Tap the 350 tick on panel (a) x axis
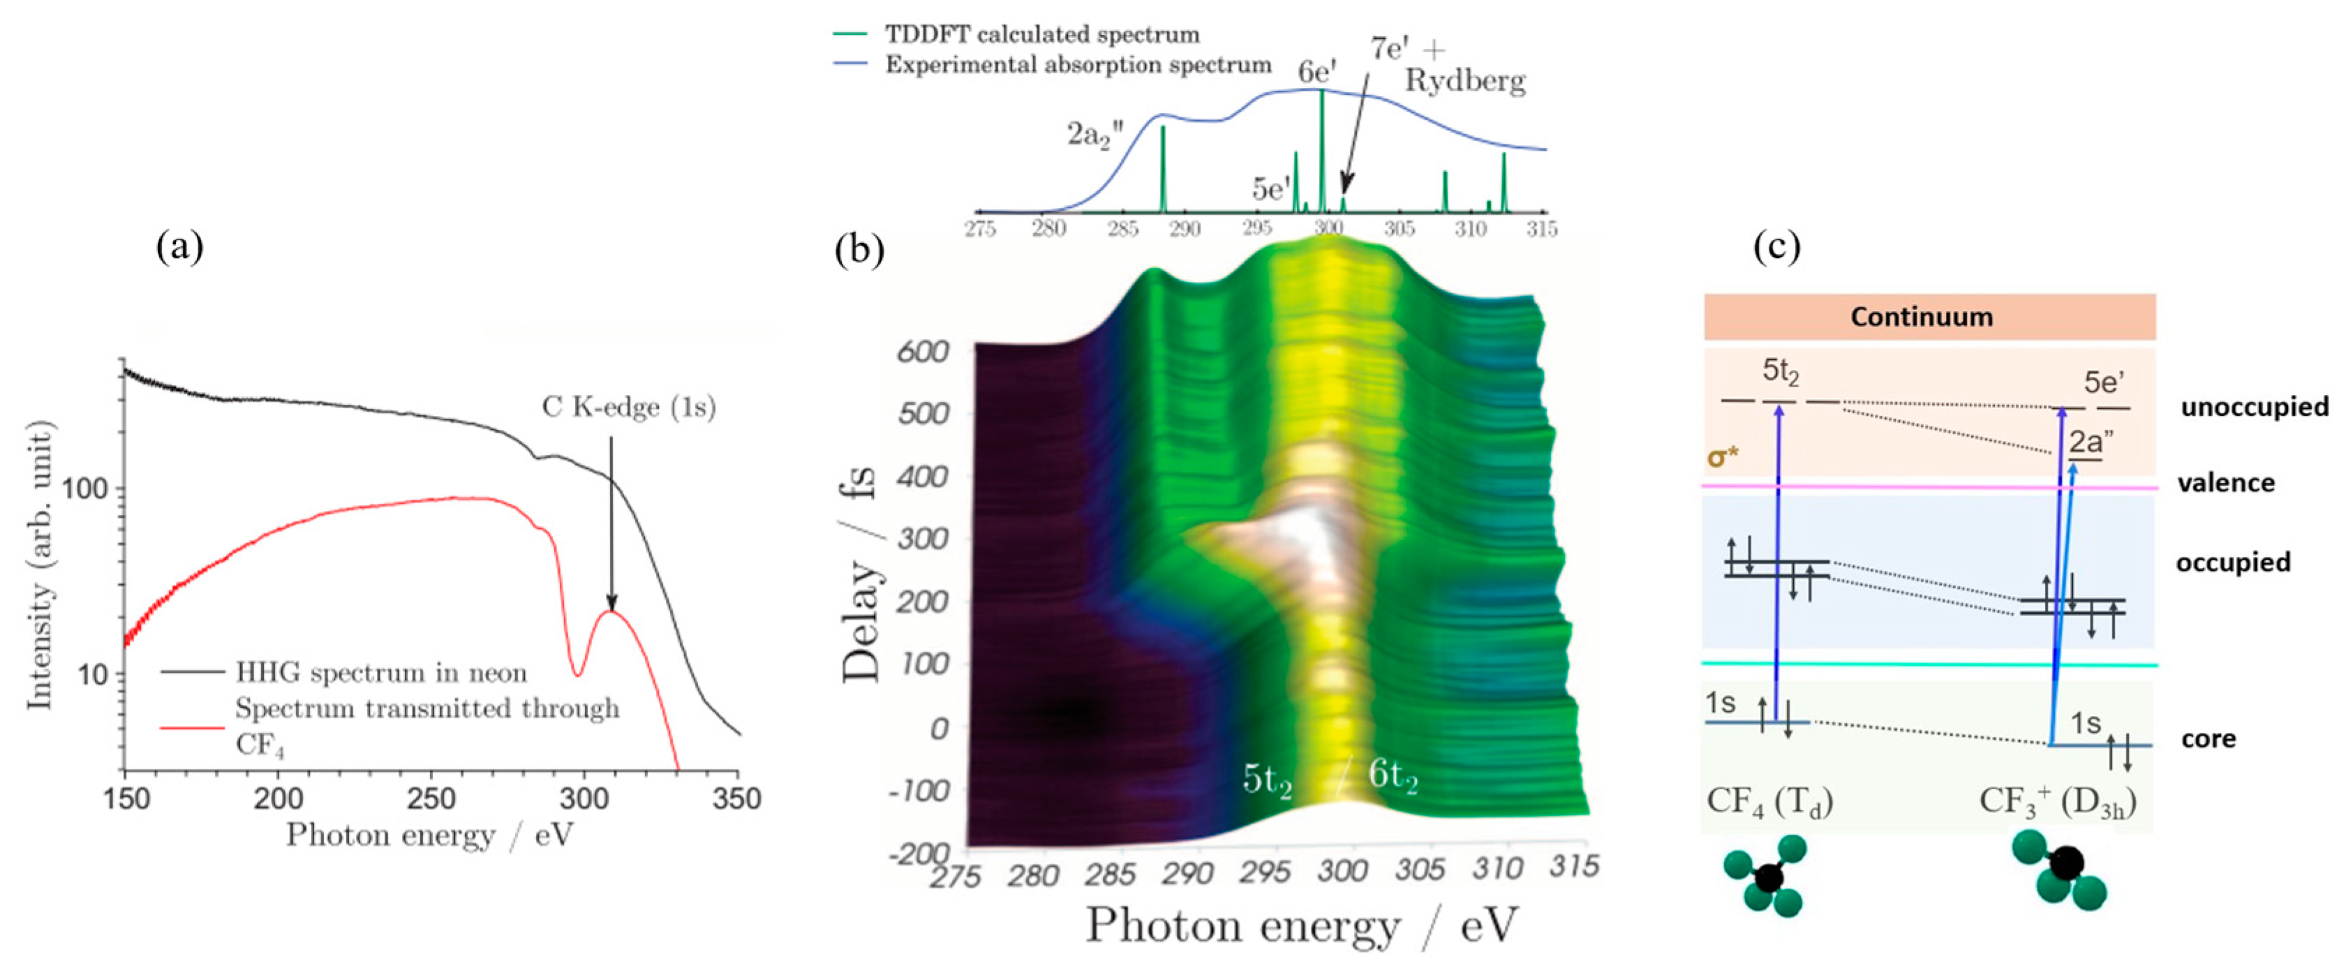[736, 799]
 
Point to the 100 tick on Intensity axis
[84, 489]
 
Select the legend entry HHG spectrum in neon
[381, 673]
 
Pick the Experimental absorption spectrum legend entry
[1078, 65]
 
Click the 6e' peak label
[1316, 72]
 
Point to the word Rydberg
[1465, 81]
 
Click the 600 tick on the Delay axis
[923, 352]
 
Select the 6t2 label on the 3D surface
[1392, 775]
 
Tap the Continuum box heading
[1922, 317]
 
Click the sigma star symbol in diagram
[1723, 456]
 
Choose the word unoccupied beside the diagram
[2254, 406]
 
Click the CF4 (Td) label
[1769, 801]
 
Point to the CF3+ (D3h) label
[2057, 801]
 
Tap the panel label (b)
[859, 250]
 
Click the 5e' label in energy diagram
[2104, 382]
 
